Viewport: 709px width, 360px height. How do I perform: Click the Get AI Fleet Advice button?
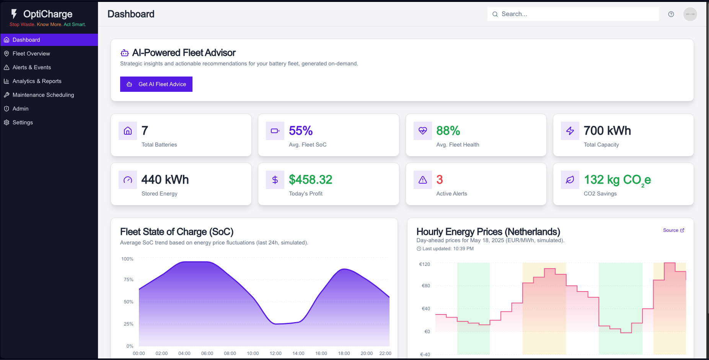pyautogui.click(x=156, y=84)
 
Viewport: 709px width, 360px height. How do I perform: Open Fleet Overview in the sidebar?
pyautogui.click(x=31, y=54)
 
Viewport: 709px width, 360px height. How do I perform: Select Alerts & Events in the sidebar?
pyautogui.click(x=31, y=67)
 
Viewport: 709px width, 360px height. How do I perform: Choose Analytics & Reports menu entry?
pyautogui.click(x=37, y=81)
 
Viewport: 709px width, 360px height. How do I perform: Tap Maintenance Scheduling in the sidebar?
pyautogui.click(x=43, y=95)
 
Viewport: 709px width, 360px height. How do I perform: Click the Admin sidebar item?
pyautogui.click(x=20, y=109)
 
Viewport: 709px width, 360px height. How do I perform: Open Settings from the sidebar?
pyautogui.click(x=23, y=122)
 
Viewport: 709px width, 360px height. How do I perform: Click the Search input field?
pyautogui.click(x=574, y=14)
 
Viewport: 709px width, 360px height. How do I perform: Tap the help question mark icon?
pyautogui.click(x=671, y=14)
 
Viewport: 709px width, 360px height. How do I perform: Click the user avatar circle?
pyautogui.click(x=690, y=14)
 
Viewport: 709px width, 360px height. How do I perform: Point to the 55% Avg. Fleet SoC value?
pyautogui.click(x=301, y=131)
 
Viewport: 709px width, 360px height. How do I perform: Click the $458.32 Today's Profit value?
pyautogui.click(x=310, y=180)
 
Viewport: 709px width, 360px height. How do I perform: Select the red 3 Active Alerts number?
pyautogui.click(x=440, y=180)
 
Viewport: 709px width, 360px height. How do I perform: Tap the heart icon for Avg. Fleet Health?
pyautogui.click(x=423, y=131)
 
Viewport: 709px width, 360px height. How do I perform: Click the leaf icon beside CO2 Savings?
pyautogui.click(x=570, y=180)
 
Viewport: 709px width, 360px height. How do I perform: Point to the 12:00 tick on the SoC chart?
pyautogui.click(x=275, y=353)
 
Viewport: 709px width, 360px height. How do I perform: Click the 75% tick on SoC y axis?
pyautogui.click(x=129, y=280)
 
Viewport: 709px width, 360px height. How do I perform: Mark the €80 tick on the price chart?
pyautogui.click(x=426, y=286)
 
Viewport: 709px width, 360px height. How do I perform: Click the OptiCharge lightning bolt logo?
pyautogui.click(x=14, y=14)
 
